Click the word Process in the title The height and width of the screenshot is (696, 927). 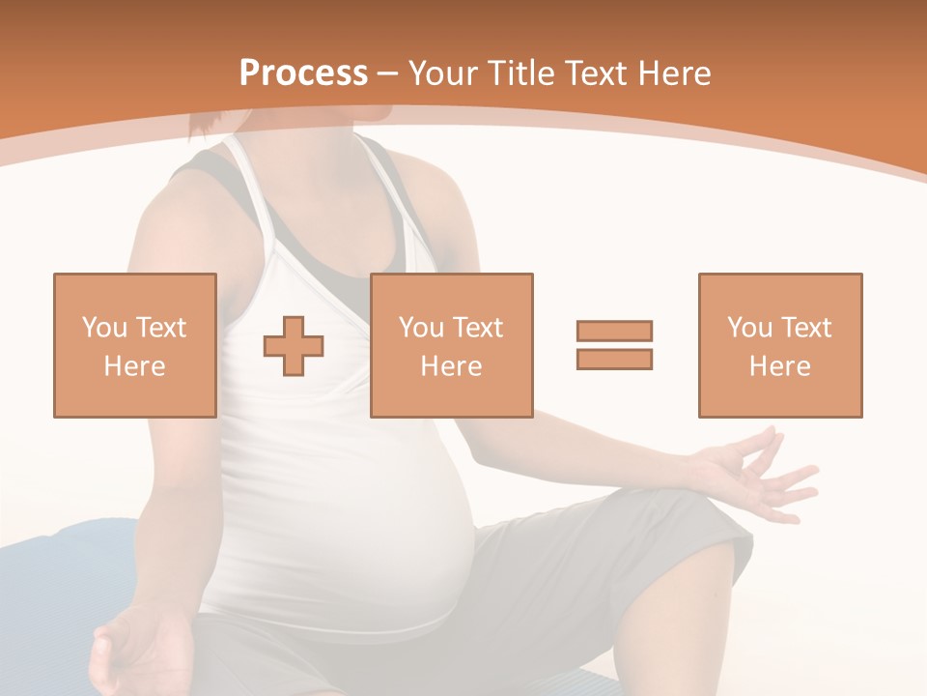tap(303, 73)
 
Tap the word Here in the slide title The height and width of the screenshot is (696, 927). tap(673, 73)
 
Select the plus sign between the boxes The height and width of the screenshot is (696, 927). tap(294, 346)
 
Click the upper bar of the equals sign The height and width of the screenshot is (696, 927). tap(614, 331)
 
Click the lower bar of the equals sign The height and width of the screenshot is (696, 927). tap(614, 359)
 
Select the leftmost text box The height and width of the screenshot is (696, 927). tap(135, 345)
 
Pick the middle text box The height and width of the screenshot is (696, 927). tap(451, 345)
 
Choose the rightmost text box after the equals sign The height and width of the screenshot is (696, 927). tap(779, 345)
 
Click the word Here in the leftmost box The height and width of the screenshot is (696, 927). tap(135, 366)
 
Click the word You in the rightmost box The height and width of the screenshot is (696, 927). tap(749, 328)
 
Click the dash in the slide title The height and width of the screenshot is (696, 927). tap(388, 73)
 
